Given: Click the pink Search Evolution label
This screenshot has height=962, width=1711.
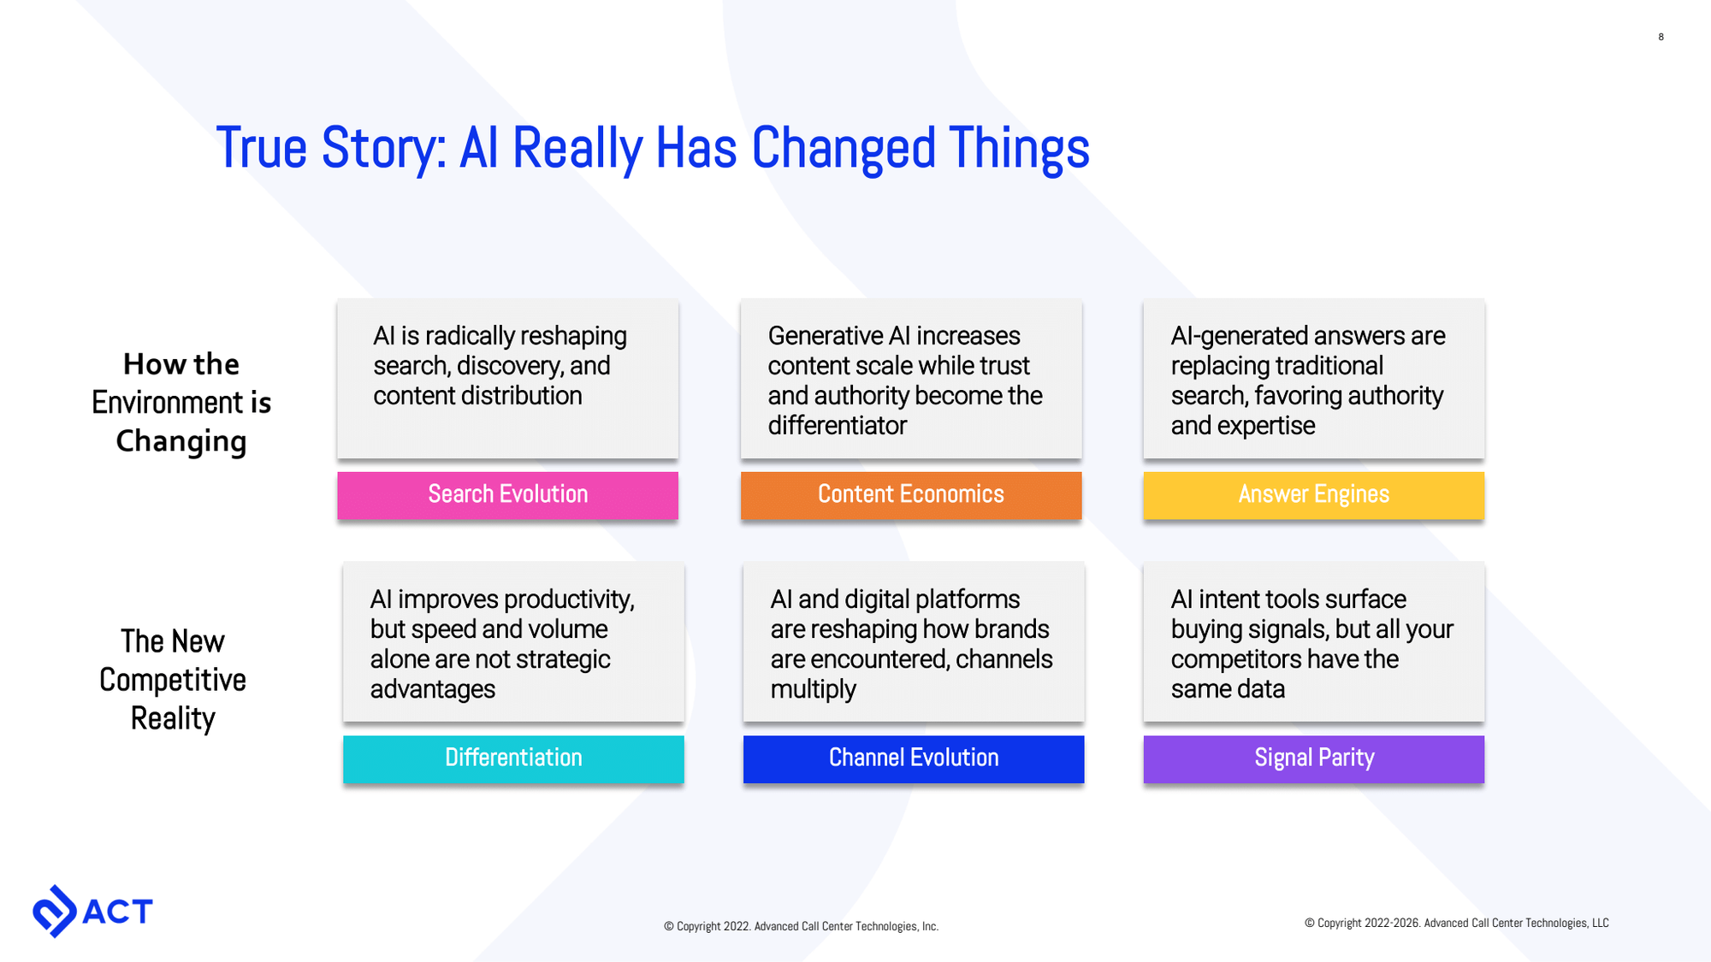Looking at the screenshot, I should tap(507, 495).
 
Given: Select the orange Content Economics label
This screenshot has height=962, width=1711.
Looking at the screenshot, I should tap(910, 495).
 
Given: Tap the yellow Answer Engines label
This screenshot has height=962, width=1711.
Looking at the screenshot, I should tap(1313, 495).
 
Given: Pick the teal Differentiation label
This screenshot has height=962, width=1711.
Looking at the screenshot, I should tap(513, 758).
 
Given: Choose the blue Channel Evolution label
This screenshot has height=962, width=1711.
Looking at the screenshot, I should tap(913, 758).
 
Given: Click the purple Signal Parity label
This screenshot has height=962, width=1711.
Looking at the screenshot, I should tap(1313, 758).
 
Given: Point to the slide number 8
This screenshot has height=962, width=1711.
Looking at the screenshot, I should tap(1661, 37).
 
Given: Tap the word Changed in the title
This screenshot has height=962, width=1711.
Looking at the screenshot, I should tap(842, 149).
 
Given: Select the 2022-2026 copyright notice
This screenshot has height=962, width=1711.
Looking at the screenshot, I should tap(1456, 923).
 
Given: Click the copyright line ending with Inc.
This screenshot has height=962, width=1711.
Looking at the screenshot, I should tap(801, 926).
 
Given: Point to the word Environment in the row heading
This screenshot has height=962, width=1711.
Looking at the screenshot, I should tap(168, 403).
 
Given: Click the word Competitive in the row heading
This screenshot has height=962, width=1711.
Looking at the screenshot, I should tap(173, 680).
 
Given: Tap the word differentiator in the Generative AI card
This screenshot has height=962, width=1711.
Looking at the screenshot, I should tap(837, 426).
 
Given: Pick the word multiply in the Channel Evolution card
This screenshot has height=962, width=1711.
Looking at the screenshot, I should tap(813, 689).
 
